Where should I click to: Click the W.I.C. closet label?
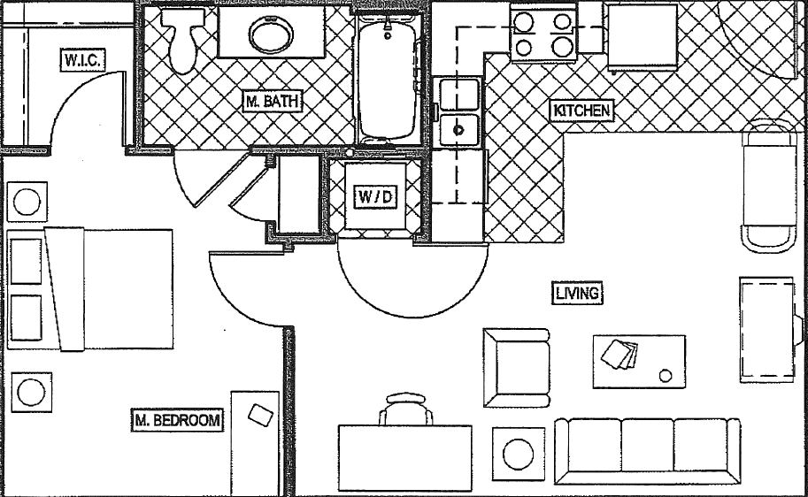[x=84, y=60]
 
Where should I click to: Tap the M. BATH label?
[x=273, y=102]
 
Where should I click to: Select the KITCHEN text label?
[x=581, y=111]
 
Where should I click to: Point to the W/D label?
[x=375, y=196]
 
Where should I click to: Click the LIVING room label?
[x=577, y=294]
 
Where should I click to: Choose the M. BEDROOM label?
[x=177, y=420]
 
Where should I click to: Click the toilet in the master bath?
[x=184, y=40]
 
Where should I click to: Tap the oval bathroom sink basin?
[x=269, y=36]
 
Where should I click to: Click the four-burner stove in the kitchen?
[x=543, y=33]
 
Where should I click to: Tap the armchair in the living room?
[x=516, y=367]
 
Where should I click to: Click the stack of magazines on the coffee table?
[x=619, y=355]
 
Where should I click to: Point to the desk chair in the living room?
[x=407, y=410]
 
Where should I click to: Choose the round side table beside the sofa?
[x=518, y=454]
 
